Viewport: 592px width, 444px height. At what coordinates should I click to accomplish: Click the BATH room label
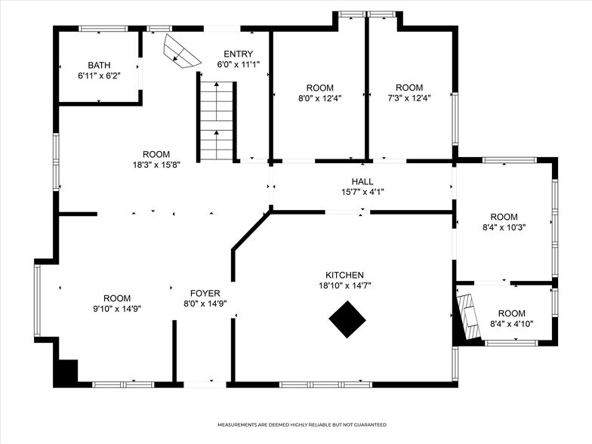click(x=99, y=66)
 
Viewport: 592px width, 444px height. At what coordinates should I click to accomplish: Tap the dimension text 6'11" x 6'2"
click(x=99, y=76)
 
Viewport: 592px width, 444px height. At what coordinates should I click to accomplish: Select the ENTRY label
click(x=238, y=54)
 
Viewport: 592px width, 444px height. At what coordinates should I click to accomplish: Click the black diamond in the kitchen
click(x=347, y=319)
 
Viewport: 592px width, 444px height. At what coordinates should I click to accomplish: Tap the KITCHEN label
click(x=344, y=275)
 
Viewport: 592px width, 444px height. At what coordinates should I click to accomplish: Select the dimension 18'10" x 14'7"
click(x=344, y=285)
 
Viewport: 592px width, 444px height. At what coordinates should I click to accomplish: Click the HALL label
click(x=362, y=181)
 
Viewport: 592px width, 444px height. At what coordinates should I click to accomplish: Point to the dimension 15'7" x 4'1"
click(x=362, y=192)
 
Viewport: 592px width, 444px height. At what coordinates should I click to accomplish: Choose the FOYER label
click(x=205, y=293)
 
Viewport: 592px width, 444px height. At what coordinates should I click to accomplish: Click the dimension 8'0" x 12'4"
click(x=320, y=97)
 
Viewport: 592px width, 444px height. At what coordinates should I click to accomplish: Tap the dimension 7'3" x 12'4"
click(x=409, y=97)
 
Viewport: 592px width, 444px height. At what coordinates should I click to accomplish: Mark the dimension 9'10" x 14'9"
click(x=117, y=309)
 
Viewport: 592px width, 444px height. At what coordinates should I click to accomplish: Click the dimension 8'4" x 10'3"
click(x=504, y=227)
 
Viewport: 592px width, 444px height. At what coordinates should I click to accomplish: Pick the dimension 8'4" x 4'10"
click(x=511, y=324)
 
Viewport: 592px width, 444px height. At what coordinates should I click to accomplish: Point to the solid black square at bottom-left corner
click(x=66, y=372)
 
